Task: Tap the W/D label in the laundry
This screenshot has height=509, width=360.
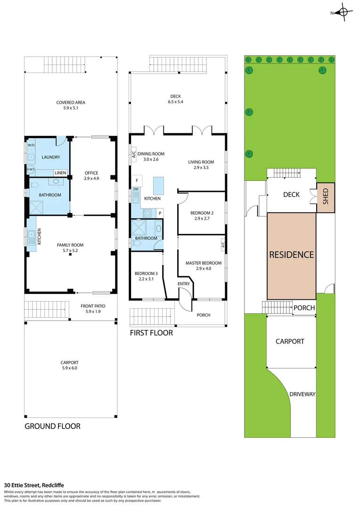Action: [x=31, y=145]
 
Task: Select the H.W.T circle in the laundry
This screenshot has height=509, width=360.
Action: [x=31, y=169]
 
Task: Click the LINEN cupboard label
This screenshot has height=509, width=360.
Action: [x=60, y=172]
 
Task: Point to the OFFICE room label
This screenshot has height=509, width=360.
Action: [x=91, y=173]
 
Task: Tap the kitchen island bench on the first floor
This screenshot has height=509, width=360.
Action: [x=158, y=186]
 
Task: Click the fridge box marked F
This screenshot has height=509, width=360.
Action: [x=137, y=181]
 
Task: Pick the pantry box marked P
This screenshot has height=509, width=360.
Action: [x=160, y=213]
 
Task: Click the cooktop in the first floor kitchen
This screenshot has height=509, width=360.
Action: [x=147, y=213]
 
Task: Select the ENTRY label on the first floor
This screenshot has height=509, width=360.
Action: [x=184, y=284]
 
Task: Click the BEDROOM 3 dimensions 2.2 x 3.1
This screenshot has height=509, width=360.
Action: [x=146, y=279]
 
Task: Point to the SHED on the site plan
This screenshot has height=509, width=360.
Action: [x=326, y=197]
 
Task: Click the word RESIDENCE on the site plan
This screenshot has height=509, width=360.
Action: [x=292, y=254]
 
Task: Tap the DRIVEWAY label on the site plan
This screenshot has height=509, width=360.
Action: [x=302, y=394]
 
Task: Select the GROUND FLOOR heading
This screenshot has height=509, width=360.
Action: [x=53, y=426]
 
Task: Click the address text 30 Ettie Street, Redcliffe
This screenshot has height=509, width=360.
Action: [x=34, y=485]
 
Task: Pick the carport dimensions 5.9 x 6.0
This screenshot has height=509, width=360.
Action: [x=69, y=368]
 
